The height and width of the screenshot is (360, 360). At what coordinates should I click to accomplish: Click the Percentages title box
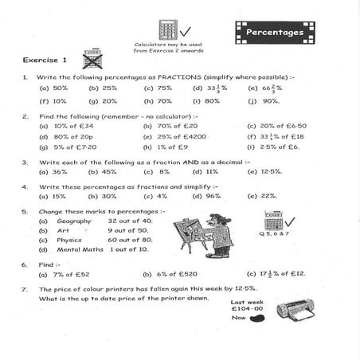point(275,32)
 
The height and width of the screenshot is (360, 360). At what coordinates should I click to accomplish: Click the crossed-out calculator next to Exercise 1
point(92,59)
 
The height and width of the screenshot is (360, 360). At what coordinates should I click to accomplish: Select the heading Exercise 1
point(45,60)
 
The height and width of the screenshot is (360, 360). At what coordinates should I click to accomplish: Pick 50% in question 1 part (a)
point(61,88)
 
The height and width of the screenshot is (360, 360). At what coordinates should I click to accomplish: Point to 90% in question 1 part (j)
point(271,101)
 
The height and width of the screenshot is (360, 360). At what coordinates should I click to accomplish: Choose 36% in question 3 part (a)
point(60,171)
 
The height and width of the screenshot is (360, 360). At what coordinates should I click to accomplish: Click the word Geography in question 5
point(75,221)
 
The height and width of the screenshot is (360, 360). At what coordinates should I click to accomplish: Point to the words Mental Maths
point(81,248)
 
